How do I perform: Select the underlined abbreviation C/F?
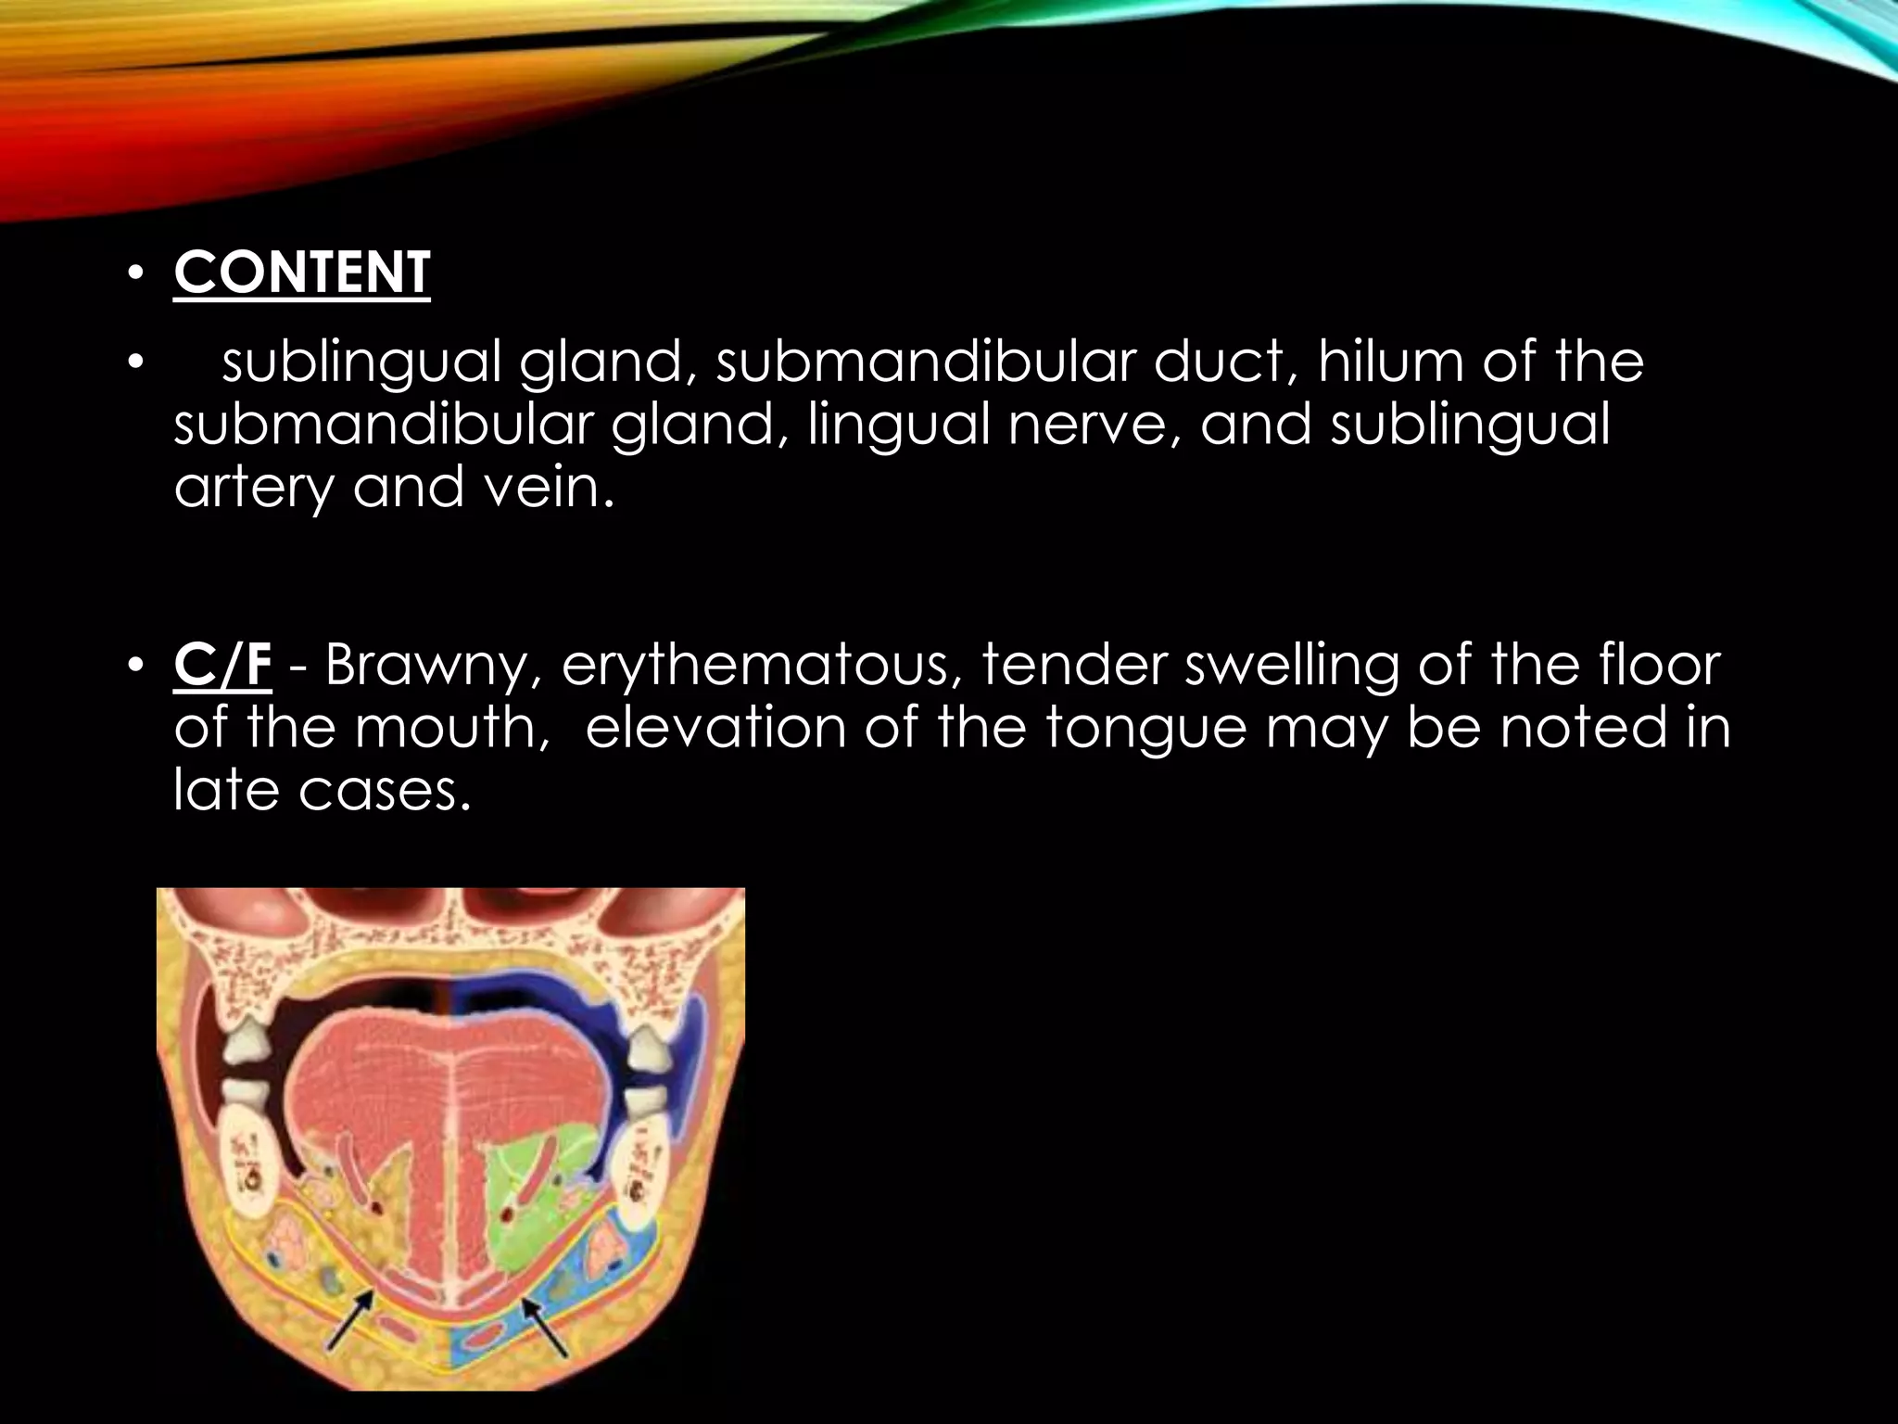click(x=222, y=666)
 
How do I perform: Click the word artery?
click(x=253, y=488)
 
